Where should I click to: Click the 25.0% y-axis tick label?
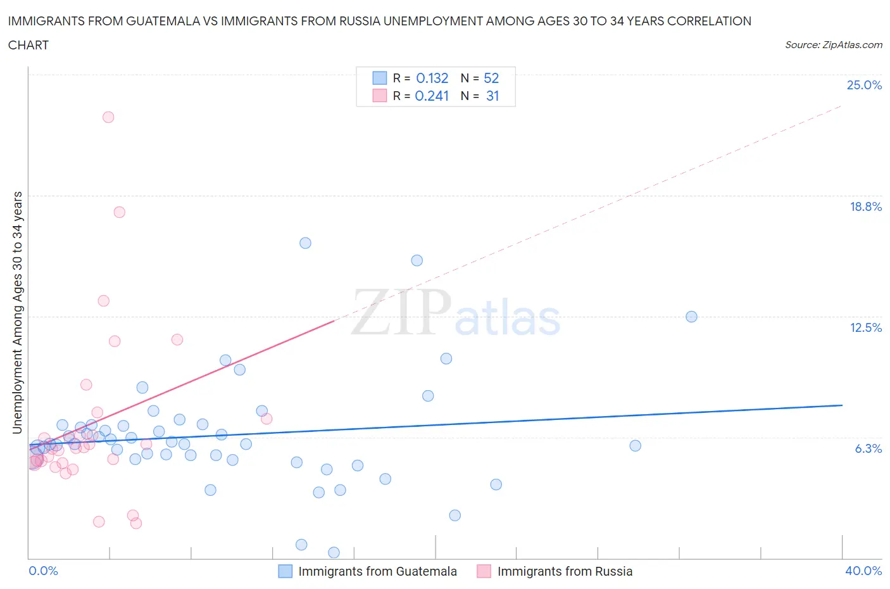coord(864,85)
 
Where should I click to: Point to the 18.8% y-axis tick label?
coord(865,206)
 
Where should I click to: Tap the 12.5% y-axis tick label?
coord(865,327)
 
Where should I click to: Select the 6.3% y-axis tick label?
coord(868,448)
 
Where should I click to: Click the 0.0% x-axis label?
coord(43,571)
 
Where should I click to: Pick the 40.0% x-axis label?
coord(863,571)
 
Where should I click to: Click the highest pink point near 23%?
coord(108,117)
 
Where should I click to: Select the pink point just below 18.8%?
coord(119,212)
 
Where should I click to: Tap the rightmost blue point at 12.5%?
coord(691,317)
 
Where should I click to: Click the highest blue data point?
coord(305,243)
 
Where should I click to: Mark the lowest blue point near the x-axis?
coord(334,552)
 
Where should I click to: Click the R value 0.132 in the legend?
coord(432,79)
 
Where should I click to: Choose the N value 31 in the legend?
coord(492,96)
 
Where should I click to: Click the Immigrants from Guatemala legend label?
coord(377,571)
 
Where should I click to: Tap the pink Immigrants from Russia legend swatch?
coord(484,571)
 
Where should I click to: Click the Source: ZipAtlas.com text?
coord(833,45)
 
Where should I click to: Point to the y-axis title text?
coord(17,312)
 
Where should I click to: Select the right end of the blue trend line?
coord(842,405)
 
